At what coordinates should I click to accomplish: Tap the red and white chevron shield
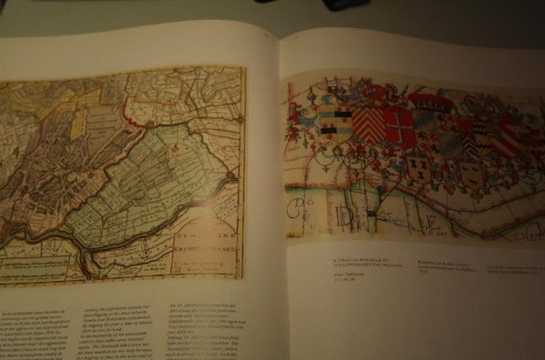[x=368, y=125]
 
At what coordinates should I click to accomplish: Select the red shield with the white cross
[x=399, y=126]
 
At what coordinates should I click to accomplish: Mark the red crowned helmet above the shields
[x=429, y=101]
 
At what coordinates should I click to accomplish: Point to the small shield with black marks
[x=419, y=166]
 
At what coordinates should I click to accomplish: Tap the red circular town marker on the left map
[x=230, y=178]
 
